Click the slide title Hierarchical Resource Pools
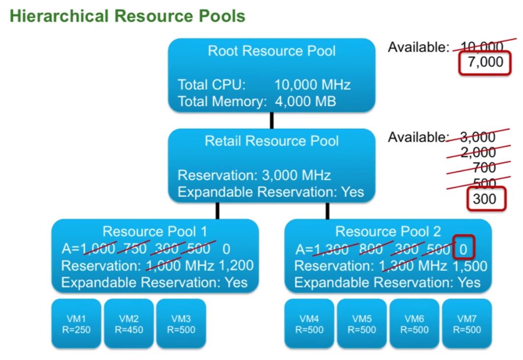point(127,16)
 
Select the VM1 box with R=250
point(76,323)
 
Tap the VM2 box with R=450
point(129,323)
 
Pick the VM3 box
point(181,323)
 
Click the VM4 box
point(309,323)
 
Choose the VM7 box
point(467,323)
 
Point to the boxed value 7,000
point(486,62)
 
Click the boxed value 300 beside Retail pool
point(483,199)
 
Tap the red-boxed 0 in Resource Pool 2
point(463,249)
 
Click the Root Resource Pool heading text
point(272,51)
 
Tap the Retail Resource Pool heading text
point(272,142)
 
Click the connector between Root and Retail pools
point(272,120)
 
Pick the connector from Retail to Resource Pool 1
point(216,210)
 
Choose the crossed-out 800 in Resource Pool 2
point(371,249)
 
